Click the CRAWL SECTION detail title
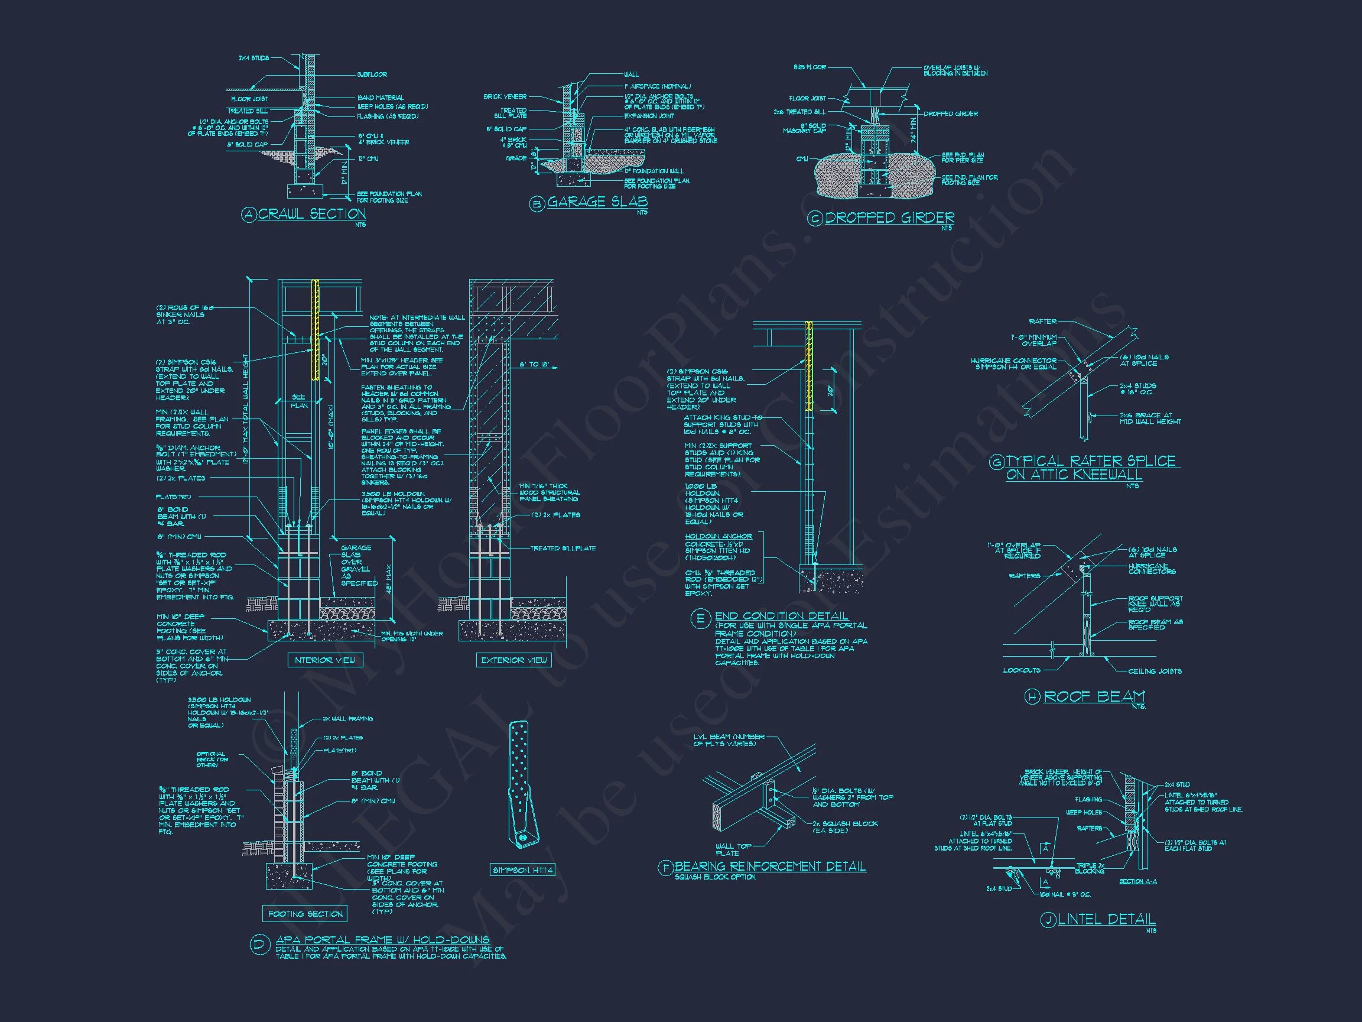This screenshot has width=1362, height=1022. [x=311, y=214]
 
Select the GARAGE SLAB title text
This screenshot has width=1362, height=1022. [x=597, y=202]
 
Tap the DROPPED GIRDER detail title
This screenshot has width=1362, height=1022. [x=889, y=218]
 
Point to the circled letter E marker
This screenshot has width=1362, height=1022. [x=701, y=619]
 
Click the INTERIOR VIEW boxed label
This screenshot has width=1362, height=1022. [x=324, y=660]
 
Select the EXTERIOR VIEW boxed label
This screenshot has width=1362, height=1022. [x=513, y=660]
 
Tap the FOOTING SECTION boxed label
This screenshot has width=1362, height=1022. [x=305, y=914]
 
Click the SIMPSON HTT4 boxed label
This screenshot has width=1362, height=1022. [x=523, y=870]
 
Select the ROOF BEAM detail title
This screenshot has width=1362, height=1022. [x=1094, y=696]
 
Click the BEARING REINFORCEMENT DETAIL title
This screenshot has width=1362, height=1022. [x=770, y=866]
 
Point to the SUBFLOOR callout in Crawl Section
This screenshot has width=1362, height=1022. [x=372, y=74]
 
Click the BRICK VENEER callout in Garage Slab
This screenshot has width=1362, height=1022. [x=505, y=97]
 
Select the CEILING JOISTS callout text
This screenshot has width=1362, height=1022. [x=1155, y=671]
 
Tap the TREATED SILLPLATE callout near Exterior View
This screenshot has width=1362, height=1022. [x=563, y=548]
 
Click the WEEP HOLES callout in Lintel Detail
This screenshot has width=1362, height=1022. [x=1084, y=813]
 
